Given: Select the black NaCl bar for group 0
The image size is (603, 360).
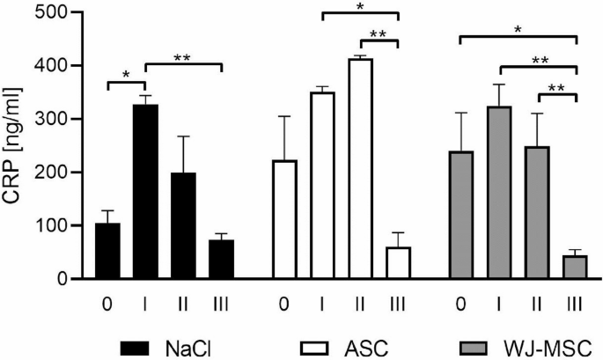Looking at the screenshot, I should click(x=107, y=251).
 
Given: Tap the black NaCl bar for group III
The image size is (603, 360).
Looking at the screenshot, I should click(x=221, y=260).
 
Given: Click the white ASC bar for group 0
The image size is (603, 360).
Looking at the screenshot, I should click(x=283, y=220).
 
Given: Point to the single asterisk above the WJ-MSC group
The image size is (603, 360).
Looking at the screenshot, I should click(x=518, y=30).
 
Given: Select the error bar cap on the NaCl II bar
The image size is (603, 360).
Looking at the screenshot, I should click(x=183, y=136).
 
